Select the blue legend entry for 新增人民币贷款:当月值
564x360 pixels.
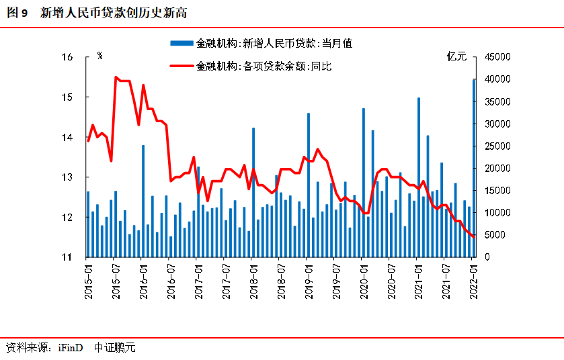[x=261, y=43]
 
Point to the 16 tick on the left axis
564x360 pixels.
[x=76, y=57]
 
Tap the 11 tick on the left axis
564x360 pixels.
[x=76, y=257]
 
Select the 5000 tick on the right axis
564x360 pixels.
[x=492, y=235]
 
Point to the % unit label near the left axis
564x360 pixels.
[x=100, y=56]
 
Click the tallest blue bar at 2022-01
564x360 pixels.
[x=474, y=168]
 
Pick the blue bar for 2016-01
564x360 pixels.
[x=143, y=201]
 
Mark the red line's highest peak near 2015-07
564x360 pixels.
[x=116, y=77]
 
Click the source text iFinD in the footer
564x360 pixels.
[x=70, y=348]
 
